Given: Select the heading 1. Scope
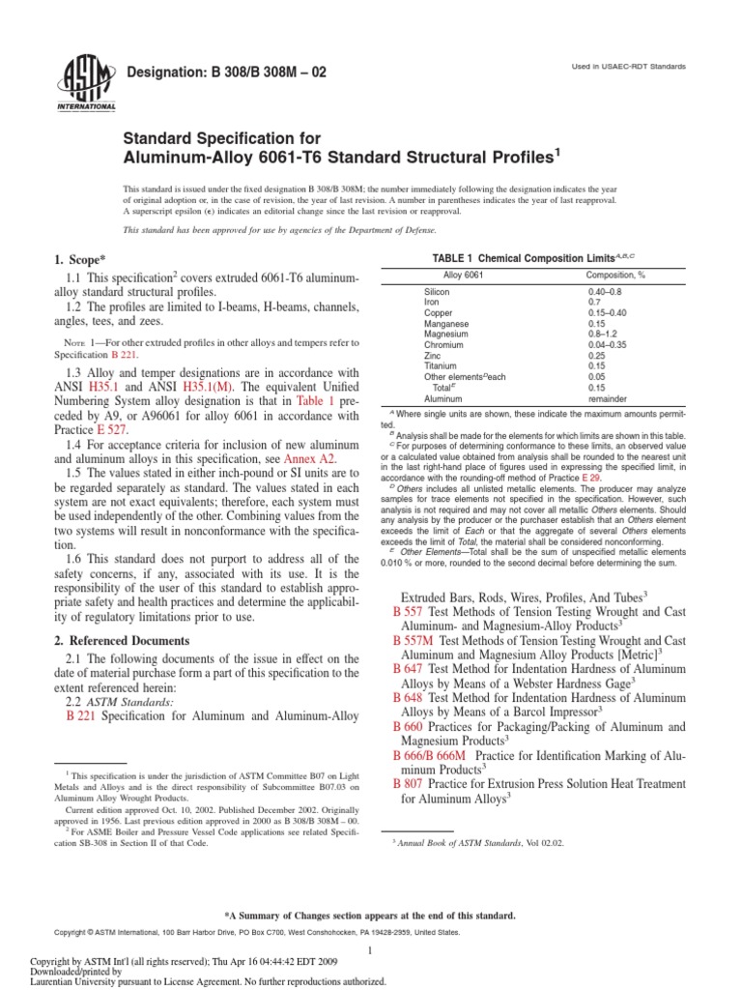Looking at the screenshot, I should (x=81, y=260).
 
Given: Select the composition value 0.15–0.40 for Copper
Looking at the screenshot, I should (x=608, y=312).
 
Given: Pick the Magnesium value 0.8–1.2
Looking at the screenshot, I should (x=603, y=334).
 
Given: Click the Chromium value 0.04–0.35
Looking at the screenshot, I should (x=608, y=344).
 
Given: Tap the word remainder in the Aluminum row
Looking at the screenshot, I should (x=609, y=397).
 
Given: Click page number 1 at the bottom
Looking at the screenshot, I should (x=371, y=951).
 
